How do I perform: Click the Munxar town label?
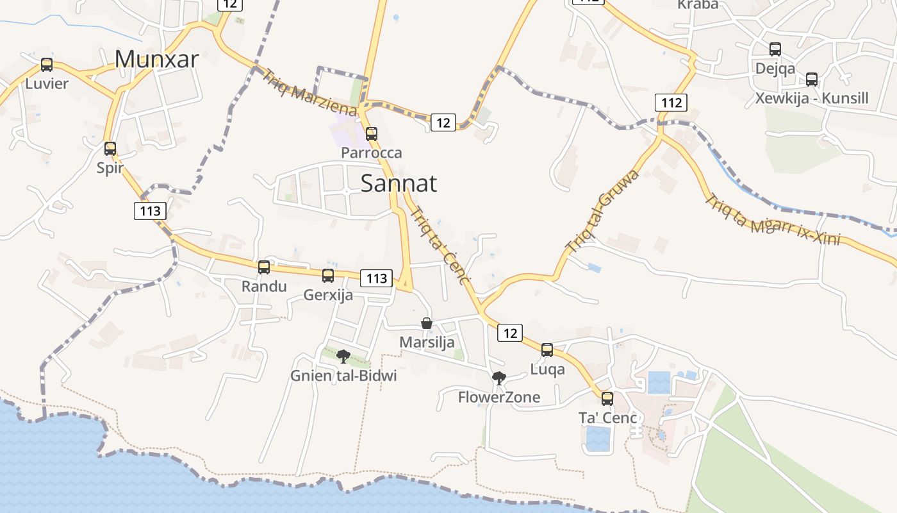(x=157, y=59)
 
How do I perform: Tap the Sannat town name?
(x=399, y=183)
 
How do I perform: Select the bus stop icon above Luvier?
(x=47, y=65)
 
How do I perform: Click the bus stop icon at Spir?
(x=110, y=149)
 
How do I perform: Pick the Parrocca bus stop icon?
(x=371, y=134)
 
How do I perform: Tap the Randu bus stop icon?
(x=264, y=267)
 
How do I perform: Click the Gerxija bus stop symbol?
(x=328, y=276)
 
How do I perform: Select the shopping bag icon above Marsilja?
(x=427, y=323)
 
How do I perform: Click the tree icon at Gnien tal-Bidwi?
(x=343, y=357)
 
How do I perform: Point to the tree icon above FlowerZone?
(x=498, y=378)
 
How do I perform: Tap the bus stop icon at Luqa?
(x=547, y=350)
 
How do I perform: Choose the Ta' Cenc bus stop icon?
(x=607, y=399)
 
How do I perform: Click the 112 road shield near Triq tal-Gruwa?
(x=671, y=102)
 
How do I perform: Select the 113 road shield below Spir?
(x=150, y=210)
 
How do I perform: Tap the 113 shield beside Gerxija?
(x=377, y=278)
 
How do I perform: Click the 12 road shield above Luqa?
(x=510, y=333)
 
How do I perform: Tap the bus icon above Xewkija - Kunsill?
(x=812, y=80)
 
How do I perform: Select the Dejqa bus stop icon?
(x=775, y=49)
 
